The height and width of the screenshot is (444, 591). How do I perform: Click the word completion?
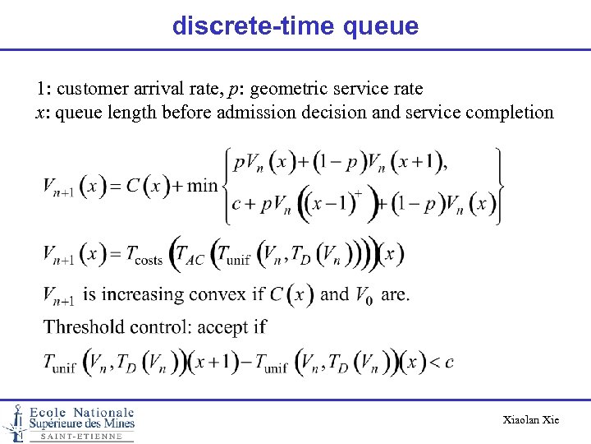(510, 112)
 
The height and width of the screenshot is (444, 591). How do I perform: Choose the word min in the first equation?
(202, 185)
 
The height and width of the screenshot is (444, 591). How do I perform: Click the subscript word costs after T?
(148, 260)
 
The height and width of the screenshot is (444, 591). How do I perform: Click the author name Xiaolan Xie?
(530, 420)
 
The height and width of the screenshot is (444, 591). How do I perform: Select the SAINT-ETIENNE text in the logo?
(81, 437)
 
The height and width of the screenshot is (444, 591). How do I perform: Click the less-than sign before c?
(435, 362)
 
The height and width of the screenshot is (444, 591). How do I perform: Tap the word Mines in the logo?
(115, 423)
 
